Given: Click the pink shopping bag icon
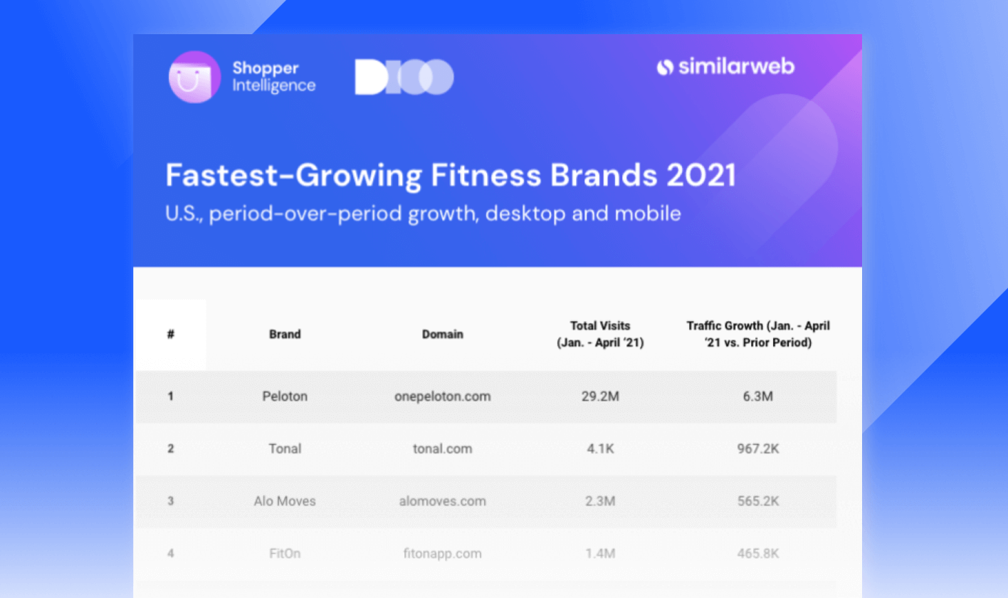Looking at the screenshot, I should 194,77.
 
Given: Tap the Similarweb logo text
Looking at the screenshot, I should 725,67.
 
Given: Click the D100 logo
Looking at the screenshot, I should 404,77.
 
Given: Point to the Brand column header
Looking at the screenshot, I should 285,334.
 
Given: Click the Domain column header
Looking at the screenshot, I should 442,334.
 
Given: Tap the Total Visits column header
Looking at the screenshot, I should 600,334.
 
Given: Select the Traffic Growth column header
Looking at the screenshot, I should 757,334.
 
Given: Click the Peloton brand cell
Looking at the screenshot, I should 285,397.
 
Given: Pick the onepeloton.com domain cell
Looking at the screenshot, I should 442,397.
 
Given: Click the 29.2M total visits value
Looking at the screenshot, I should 600,397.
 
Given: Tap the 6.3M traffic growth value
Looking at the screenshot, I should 757,397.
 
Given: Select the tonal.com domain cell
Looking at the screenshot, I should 442,448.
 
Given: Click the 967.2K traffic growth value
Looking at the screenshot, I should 757,448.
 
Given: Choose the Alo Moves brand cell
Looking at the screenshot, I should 285,501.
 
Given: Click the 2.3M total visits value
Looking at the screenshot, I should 600,501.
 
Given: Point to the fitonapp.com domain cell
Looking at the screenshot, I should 442,553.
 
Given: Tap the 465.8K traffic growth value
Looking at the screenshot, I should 757,553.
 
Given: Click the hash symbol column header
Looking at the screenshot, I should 171,334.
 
